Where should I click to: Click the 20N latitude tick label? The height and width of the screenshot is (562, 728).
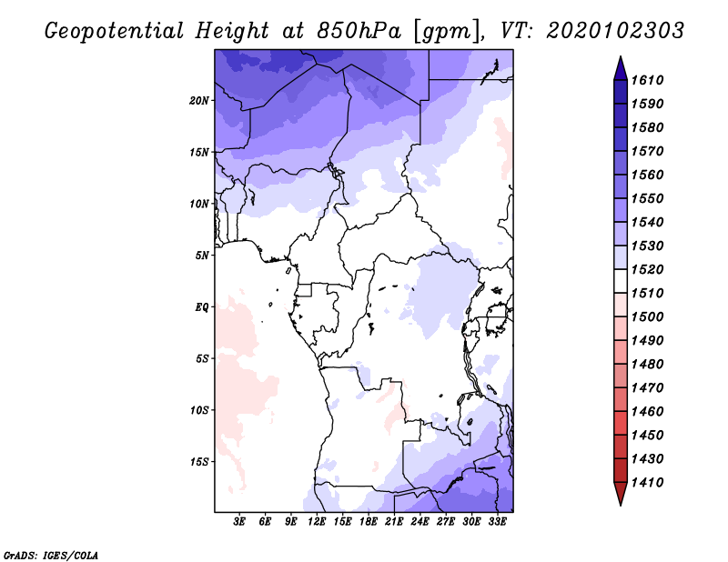[199, 100]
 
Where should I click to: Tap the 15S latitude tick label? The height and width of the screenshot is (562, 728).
[199, 462]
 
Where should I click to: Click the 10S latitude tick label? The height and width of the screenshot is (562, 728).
[199, 410]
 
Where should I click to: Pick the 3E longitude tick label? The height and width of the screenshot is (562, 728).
[240, 521]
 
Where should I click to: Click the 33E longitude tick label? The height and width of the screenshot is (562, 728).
[497, 521]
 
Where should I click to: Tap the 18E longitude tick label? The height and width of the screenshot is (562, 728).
[369, 521]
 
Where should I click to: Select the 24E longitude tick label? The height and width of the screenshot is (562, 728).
[420, 521]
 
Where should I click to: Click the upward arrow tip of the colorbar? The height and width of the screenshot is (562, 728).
[620, 59]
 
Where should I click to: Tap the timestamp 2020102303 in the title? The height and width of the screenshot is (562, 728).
[615, 30]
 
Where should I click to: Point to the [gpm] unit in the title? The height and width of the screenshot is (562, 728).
[447, 30]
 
